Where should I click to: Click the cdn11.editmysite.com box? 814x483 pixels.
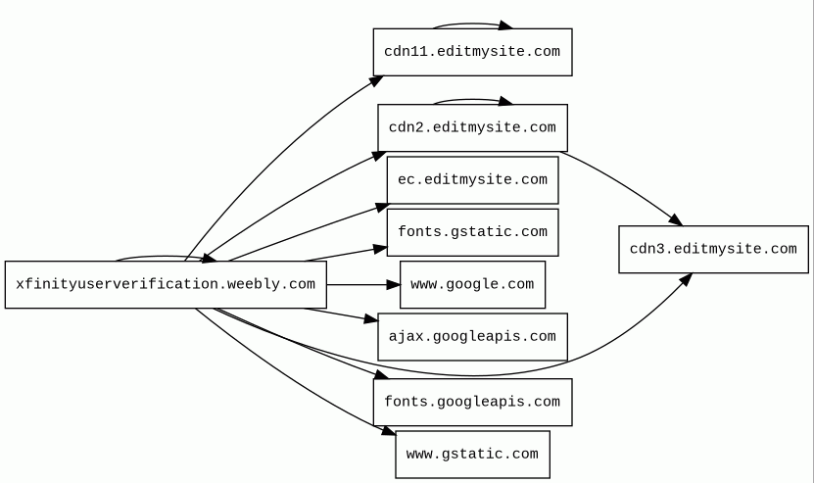pyautogui.click(x=472, y=52)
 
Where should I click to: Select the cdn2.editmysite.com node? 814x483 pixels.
pyautogui.click(x=472, y=127)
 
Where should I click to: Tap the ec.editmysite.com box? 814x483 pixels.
pyautogui.click(x=472, y=180)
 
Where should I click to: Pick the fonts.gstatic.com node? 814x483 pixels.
pyautogui.click(x=472, y=232)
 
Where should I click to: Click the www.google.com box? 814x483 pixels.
pyautogui.click(x=472, y=284)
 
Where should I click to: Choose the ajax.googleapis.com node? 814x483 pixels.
pyautogui.click(x=472, y=337)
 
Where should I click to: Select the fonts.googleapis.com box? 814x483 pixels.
pyautogui.click(x=472, y=402)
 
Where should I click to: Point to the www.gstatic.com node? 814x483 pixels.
pyautogui.click(x=472, y=455)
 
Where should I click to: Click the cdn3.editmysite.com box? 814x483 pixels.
pyautogui.click(x=713, y=249)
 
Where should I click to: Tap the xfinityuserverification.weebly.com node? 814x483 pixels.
pyautogui.click(x=166, y=284)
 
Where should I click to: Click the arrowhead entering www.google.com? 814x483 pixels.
pyautogui.click(x=394, y=284)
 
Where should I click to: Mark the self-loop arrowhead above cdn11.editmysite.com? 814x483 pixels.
pyautogui.click(x=505, y=25)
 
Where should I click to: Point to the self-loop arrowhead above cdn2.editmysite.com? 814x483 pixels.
pyautogui.click(x=505, y=101)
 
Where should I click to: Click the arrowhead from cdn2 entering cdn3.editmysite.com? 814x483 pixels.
pyautogui.click(x=676, y=220)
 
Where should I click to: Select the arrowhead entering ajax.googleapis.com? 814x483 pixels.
pyautogui.click(x=371, y=318)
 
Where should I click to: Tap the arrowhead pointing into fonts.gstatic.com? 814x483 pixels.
pyautogui.click(x=380, y=250)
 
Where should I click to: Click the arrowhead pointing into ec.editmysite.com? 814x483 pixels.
pyautogui.click(x=382, y=208)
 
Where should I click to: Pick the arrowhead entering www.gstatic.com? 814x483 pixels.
pyautogui.click(x=389, y=430)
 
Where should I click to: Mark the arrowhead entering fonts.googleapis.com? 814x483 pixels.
pyautogui.click(x=382, y=374)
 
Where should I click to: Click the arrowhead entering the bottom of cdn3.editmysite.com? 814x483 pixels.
pyautogui.click(x=687, y=279)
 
